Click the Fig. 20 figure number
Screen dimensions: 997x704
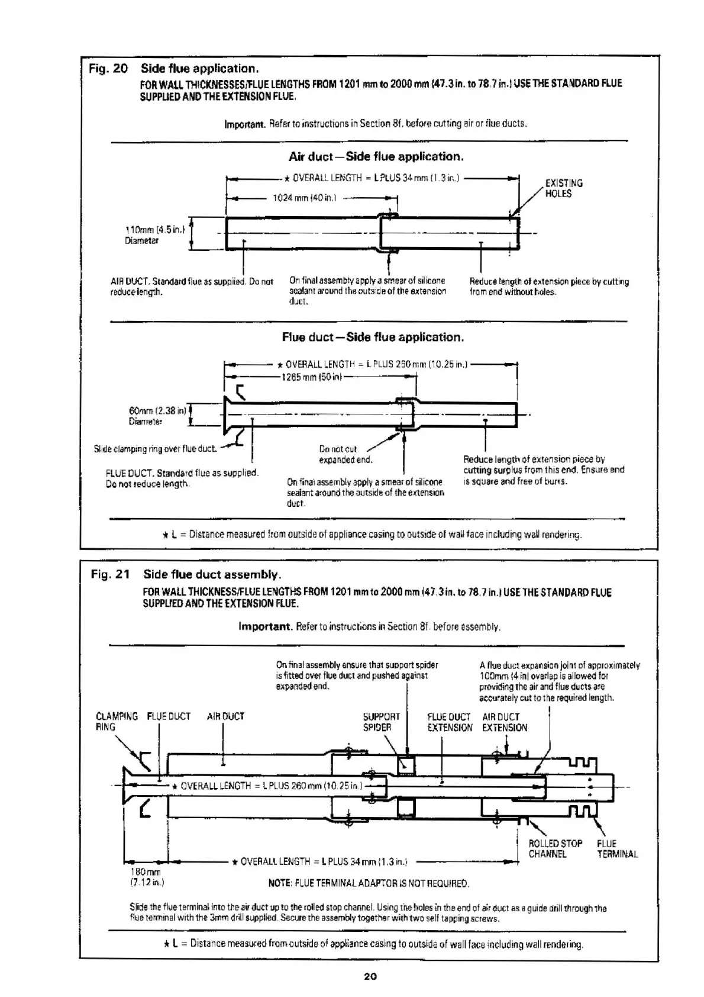click(x=108, y=69)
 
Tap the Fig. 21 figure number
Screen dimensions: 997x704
click(x=110, y=574)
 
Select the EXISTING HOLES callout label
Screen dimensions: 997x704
click(x=563, y=188)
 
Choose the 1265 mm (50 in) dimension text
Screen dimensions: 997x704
click(x=312, y=377)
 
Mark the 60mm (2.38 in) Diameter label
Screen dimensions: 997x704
click(x=157, y=416)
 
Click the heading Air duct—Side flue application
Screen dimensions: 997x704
click(x=376, y=157)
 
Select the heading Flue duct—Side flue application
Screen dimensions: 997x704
click(x=373, y=337)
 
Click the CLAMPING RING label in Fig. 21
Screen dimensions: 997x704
click(x=116, y=722)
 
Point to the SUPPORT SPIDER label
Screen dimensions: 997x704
click(x=381, y=722)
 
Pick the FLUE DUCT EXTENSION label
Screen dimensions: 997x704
click(x=450, y=722)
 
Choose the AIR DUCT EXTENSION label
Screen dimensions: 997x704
click(x=504, y=722)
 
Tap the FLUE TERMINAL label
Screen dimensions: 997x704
click(x=617, y=848)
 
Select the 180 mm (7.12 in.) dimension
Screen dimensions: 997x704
click(x=146, y=877)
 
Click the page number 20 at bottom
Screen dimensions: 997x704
click(x=370, y=976)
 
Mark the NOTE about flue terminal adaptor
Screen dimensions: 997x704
click(x=369, y=883)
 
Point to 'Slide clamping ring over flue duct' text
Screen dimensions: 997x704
click(x=155, y=449)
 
